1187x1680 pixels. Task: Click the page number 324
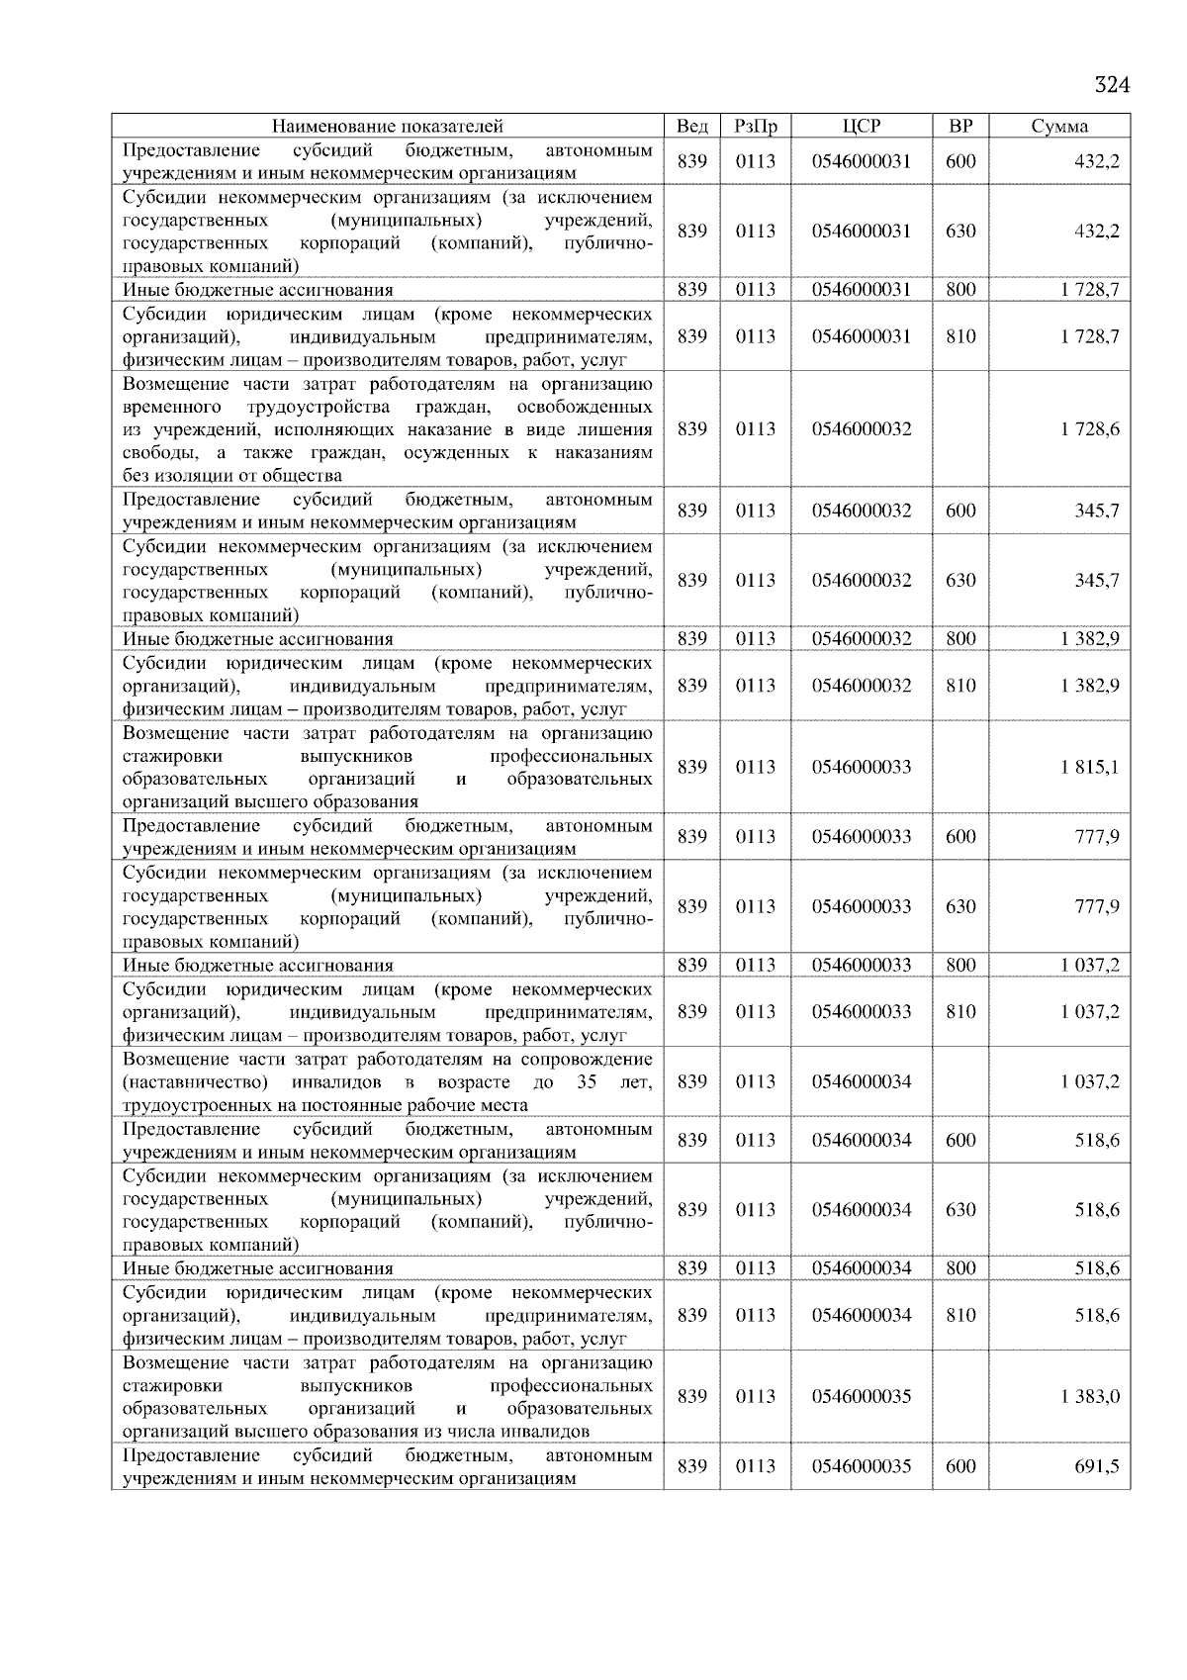(x=1111, y=85)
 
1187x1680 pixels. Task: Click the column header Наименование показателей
(x=387, y=126)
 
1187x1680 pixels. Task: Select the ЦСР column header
(x=861, y=126)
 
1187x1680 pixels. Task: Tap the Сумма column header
(x=1059, y=126)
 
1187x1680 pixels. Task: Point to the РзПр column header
(x=756, y=126)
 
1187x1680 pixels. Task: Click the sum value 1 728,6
(x=1090, y=428)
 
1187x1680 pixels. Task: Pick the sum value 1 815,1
(x=1090, y=767)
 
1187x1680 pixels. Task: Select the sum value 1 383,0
(x=1090, y=1396)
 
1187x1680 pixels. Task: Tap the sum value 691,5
(x=1097, y=1466)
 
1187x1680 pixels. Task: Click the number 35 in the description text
(x=587, y=1081)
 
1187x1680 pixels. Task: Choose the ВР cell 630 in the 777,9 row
(x=960, y=906)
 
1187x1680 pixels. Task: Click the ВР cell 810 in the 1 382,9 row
(x=960, y=685)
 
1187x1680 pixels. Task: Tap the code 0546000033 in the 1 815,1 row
(x=861, y=767)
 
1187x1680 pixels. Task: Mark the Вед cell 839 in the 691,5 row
(x=691, y=1466)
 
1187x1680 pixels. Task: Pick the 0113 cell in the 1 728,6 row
(x=756, y=428)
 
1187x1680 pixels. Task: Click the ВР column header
(x=960, y=126)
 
